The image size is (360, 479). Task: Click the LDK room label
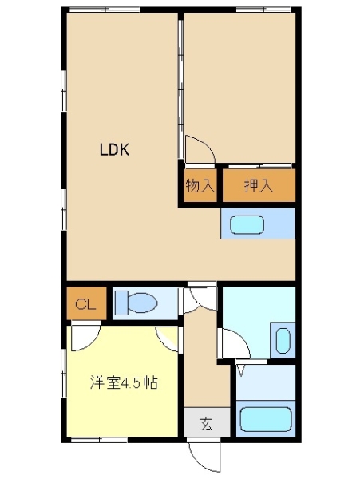(115, 150)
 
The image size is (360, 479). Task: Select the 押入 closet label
(259, 185)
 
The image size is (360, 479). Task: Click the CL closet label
(85, 304)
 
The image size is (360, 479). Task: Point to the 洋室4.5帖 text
(124, 382)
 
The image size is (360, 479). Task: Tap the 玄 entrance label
(207, 424)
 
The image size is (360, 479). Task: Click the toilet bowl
(143, 303)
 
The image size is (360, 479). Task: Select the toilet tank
(121, 303)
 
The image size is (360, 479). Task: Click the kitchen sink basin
(247, 225)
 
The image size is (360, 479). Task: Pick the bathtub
(266, 419)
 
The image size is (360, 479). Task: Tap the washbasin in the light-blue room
(283, 341)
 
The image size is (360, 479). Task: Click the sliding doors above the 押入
(260, 166)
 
